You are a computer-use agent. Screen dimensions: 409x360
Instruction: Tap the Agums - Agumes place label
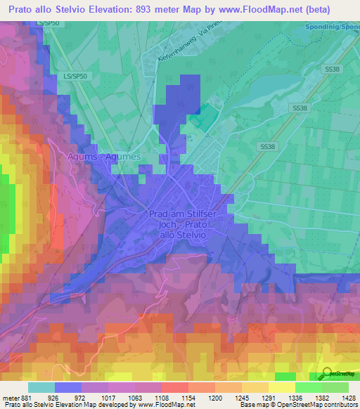coord(105,157)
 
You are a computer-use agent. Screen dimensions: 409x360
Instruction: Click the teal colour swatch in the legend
coord(41,387)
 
